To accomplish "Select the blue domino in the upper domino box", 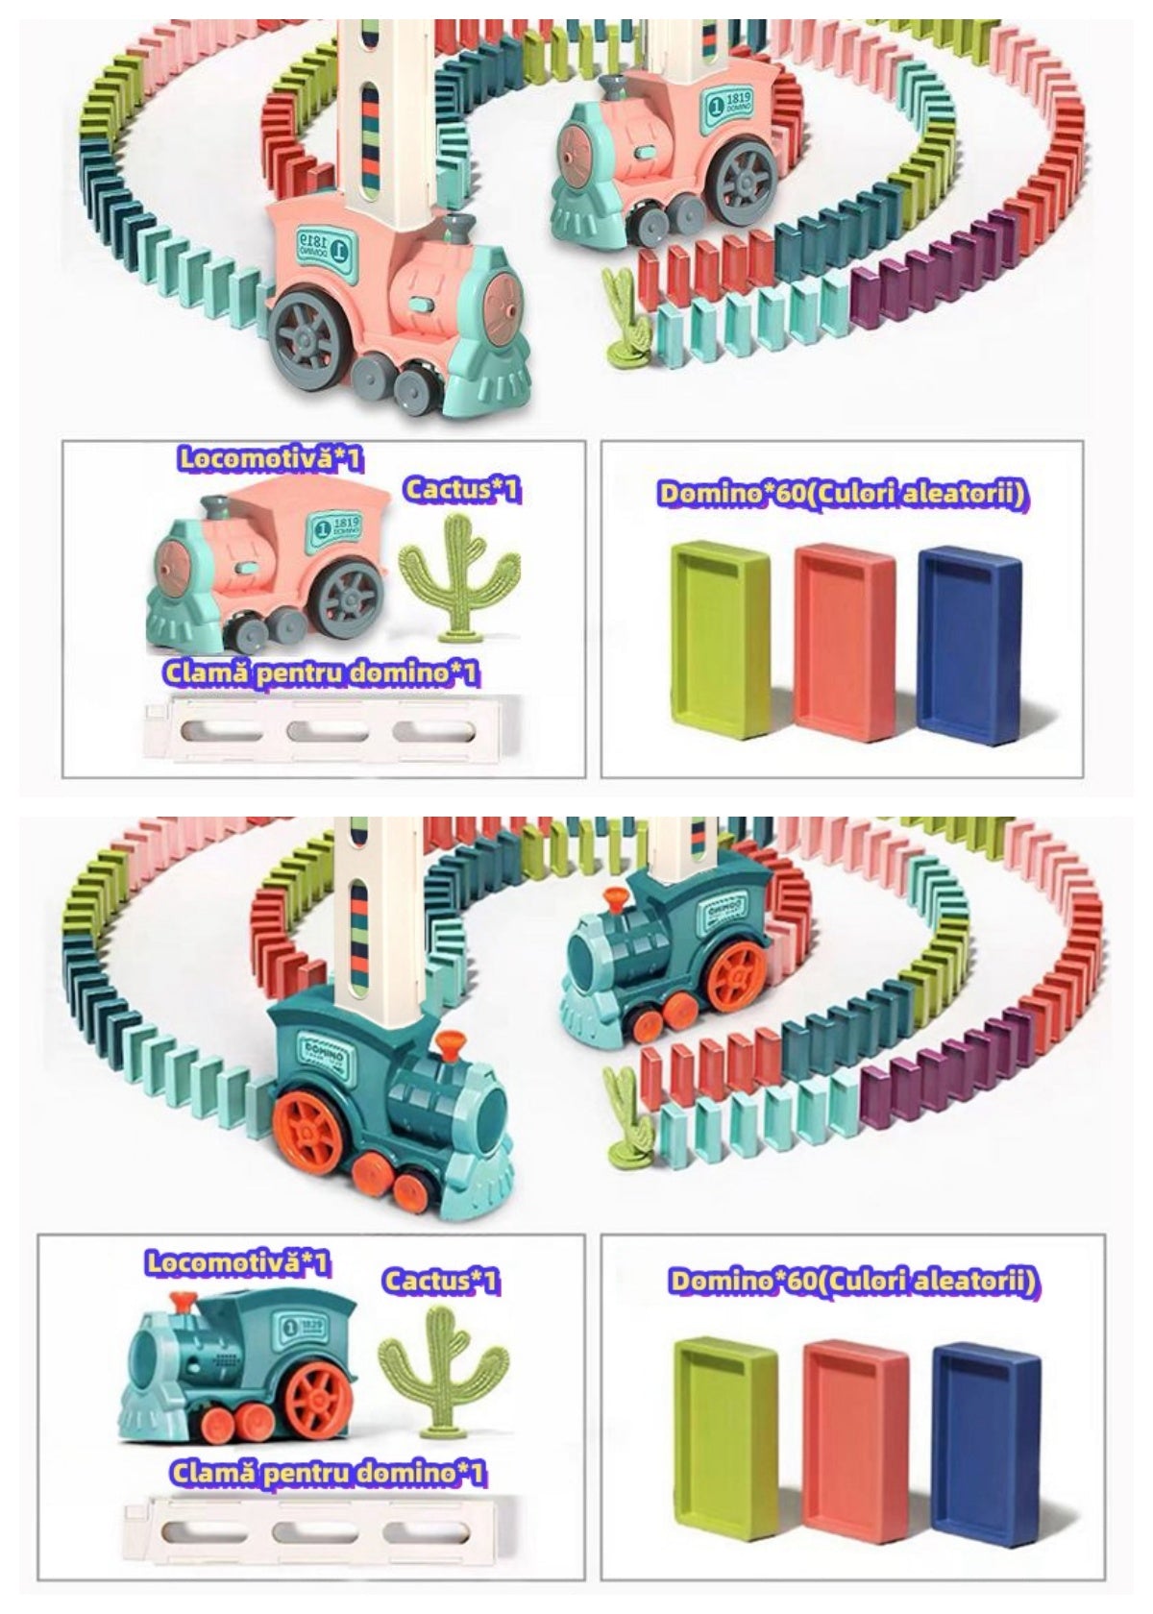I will pyautogui.click(x=969, y=639).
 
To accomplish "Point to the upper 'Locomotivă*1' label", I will pyautogui.click(x=271, y=458).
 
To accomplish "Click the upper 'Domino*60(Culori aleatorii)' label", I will pyautogui.click(x=843, y=494).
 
